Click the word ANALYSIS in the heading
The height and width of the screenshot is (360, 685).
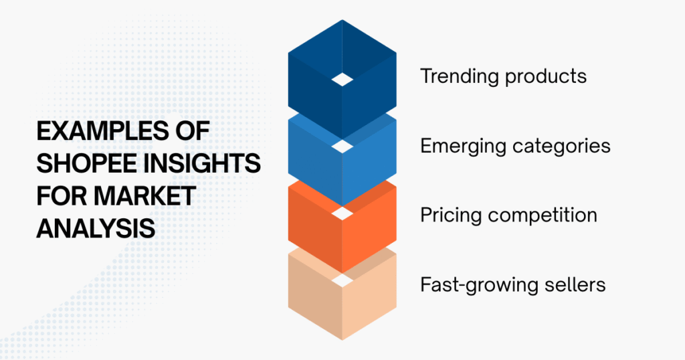click(96, 228)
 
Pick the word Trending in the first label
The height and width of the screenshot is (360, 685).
click(460, 77)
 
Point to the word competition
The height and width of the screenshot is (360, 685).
click(543, 216)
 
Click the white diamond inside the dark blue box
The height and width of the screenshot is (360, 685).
click(342, 80)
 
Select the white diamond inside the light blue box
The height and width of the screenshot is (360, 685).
click(342, 146)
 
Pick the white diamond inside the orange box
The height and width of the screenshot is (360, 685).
click(342, 213)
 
